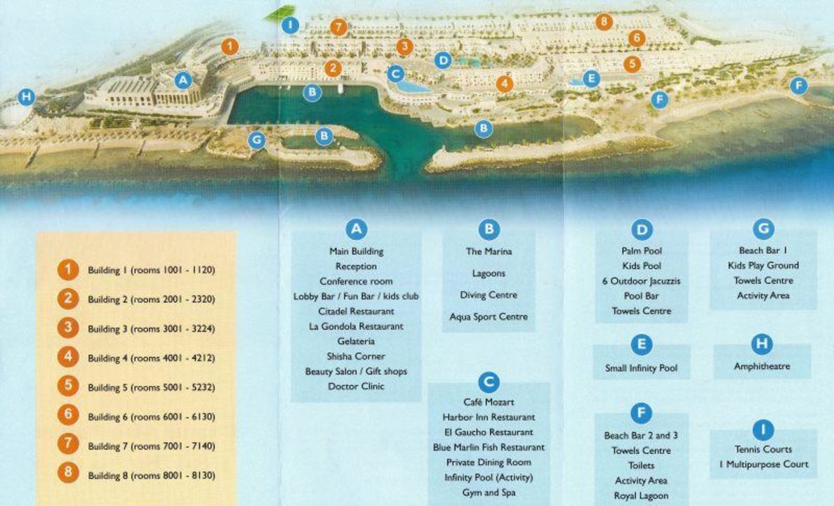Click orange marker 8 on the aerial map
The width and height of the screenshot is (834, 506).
604,22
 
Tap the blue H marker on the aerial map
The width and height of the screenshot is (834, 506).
26,97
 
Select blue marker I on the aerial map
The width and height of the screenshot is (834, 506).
290,25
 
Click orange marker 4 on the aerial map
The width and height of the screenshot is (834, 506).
504,84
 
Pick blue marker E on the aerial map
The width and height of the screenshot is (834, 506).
591,79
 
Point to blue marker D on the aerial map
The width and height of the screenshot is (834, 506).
442,60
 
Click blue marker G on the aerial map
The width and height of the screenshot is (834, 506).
257,140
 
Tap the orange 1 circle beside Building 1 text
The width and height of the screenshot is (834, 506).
68,270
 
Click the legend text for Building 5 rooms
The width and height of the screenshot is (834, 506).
151,387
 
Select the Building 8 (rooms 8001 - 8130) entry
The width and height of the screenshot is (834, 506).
151,476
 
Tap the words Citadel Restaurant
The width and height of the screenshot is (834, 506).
356,311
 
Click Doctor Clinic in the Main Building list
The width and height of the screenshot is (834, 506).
356,387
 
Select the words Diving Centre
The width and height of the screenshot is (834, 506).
489,295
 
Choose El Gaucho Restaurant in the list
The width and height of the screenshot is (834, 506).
489,432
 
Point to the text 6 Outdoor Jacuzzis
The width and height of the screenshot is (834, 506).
642,281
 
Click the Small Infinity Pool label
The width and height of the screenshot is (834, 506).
641,368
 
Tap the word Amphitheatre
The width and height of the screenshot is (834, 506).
762,366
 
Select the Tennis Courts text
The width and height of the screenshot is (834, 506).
763,449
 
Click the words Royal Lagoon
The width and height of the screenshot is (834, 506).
640,496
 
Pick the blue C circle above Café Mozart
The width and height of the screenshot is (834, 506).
489,383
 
